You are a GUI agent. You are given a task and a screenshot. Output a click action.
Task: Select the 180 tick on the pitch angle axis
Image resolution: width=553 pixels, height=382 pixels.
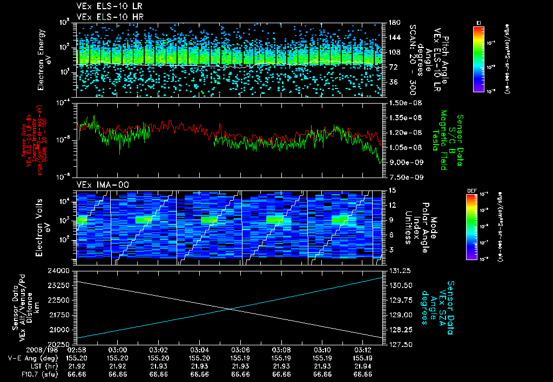point(390,22)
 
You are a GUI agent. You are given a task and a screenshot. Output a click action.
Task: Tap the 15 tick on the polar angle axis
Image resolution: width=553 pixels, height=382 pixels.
point(388,190)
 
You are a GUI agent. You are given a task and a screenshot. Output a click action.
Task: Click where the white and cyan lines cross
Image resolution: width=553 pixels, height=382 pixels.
point(231,309)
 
